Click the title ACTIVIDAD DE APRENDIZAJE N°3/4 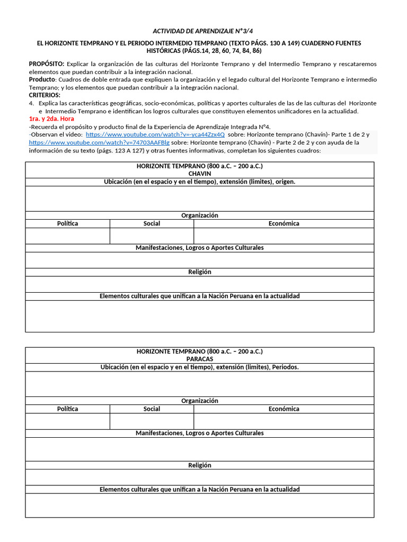pos(203,31)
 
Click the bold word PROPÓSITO pos(46,64)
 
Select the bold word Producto pos(42,79)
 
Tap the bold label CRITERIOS pos(45,95)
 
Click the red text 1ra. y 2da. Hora pos(51,119)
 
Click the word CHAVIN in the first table pos(199,174)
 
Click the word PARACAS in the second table pos(199,359)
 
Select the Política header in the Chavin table pos(67,223)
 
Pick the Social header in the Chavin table pos(152,223)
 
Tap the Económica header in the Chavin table pos(284,223)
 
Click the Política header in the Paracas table pos(67,409)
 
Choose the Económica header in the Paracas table pos(284,409)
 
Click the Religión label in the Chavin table pos(199,272)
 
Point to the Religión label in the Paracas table pos(199,465)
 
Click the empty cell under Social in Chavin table pos(152,236)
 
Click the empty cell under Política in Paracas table pos(67,421)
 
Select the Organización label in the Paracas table pos(199,401)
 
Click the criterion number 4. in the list pos(32,103)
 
